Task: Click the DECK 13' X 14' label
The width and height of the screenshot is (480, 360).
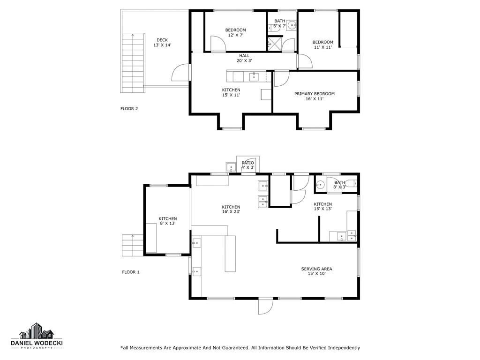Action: click(162, 43)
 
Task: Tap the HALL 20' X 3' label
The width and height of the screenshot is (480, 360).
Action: click(244, 58)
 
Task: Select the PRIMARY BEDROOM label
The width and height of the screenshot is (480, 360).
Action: click(315, 96)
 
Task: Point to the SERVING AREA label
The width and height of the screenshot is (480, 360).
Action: click(316, 271)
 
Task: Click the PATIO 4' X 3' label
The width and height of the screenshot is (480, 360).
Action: click(247, 165)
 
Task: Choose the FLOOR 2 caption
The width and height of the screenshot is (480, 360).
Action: click(129, 109)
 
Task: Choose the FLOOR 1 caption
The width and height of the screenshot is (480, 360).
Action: click(131, 272)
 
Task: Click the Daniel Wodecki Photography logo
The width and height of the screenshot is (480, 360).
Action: click(37, 336)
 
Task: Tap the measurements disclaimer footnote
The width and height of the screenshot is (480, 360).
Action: click(240, 348)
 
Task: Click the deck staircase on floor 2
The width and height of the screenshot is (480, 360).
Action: click(133, 63)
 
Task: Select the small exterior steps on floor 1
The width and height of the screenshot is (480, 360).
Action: click(133, 245)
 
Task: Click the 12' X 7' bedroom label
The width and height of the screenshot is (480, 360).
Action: click(235, 32)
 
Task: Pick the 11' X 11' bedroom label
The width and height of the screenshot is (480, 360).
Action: click(322, 45)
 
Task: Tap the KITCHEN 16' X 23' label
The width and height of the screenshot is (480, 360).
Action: click(231, 210)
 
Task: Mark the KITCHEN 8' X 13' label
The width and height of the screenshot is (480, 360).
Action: click(168, 221)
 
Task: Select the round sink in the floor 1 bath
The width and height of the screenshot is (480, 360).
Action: click(320, 185)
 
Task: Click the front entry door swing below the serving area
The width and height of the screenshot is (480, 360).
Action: click(265, 306)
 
